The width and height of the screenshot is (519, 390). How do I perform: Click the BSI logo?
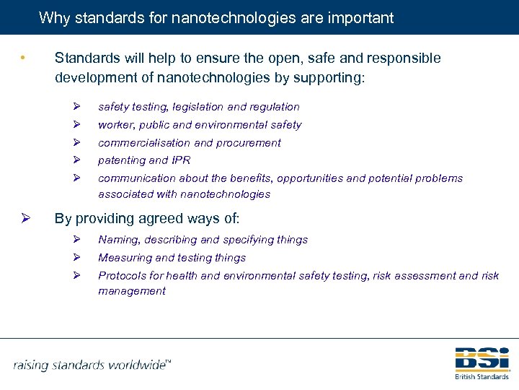482,359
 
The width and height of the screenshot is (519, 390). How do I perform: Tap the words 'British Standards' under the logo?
482,376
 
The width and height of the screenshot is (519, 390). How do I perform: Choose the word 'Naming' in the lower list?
117,240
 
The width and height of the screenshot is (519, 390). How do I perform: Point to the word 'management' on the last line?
132,291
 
